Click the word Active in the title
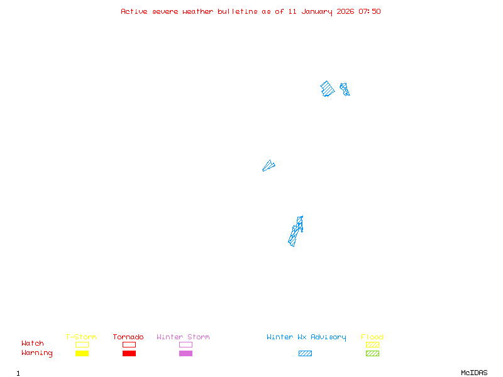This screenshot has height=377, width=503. pos(134,11)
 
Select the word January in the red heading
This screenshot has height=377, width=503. pos(317,12)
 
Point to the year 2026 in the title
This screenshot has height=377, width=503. pos(345,11)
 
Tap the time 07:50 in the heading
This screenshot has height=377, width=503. pos(370,11)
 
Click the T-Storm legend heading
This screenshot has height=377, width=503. pos(81,337)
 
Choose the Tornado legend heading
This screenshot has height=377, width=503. pos(128,337)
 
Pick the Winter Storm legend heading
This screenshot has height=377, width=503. pos(183,337)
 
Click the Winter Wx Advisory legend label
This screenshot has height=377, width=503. pos(306,337)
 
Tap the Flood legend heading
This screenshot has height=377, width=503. pos(372,337)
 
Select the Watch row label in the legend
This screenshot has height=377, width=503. pos(33,343)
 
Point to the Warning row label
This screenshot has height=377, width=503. pos(37,353)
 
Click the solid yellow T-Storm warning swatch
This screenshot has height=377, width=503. pos(82,353)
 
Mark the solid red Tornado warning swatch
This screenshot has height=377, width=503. pos(130,353)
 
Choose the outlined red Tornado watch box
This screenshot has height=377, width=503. pos(130,342)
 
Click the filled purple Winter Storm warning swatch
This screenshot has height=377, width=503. pos(185,353)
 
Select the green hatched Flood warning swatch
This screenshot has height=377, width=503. pos(372,353)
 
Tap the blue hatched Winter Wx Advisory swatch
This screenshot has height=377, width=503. pos(305,353)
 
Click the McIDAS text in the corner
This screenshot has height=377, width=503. pos(474,373)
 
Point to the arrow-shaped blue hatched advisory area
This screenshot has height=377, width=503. pos(268,167)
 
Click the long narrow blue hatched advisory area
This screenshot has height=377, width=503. pos(294,233)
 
